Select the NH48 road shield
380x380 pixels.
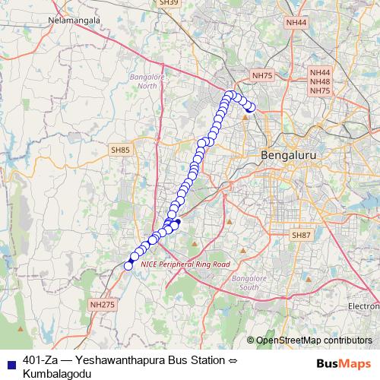[320, 81]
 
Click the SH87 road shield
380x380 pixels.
[302, 236]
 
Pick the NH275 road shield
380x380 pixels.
[101, 304]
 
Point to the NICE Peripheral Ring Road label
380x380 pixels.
[185, 264]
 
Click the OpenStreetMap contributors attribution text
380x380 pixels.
[313, 340]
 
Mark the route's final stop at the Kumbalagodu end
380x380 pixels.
[128, 265]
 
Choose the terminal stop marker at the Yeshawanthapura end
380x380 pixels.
[250, 108]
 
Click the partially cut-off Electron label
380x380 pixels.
[363, 306]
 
